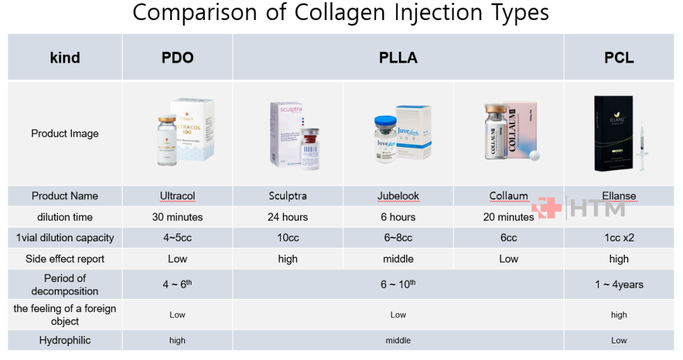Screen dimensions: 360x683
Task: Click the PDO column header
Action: [x=177, y=57]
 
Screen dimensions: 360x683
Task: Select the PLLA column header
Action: [x=398, y=57]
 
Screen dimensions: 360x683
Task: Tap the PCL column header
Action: [x=619, y=57]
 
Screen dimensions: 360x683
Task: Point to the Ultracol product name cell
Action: [x=177, y=196]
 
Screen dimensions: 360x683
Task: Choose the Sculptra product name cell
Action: [x=287, y=196]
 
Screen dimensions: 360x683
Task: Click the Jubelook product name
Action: [x=398, y=196]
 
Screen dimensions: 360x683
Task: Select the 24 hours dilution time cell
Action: [x=287, y=217]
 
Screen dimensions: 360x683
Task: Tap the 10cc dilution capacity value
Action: [x=287, y=238]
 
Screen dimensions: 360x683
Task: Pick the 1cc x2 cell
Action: [x=619, y=238]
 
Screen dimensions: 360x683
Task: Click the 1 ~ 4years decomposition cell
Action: [x=619, y=285]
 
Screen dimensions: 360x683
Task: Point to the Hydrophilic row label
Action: [x=65, y=340]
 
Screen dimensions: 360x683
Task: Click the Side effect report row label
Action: [x=65, y=259]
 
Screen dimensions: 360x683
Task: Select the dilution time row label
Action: [x=65, y=217]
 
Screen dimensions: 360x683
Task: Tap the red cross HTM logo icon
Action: [x=546, y=208]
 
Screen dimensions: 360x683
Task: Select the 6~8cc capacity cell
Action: [x=398, y=238]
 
